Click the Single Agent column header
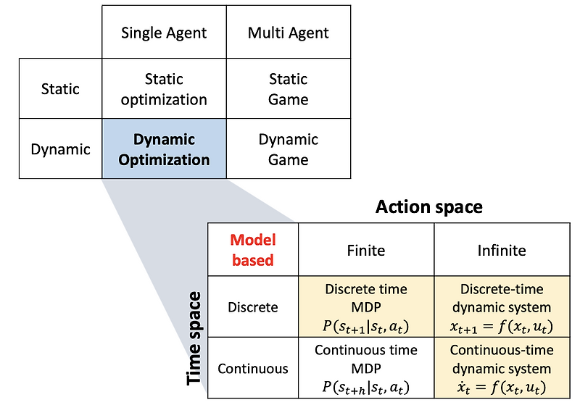(164, 33)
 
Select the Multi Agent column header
(289, 33)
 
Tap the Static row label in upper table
(60, 89)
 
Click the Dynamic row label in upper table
(60, 149)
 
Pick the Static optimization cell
(164, 89)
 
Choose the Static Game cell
(289, 89)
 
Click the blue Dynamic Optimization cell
(164, 149)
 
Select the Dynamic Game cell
(289, 149)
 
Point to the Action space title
(428, 207)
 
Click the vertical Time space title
(194, 338)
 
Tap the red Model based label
(252, 250)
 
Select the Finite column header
(365, 251)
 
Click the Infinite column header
(502, 251)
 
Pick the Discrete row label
(252, 306)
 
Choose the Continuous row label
(252, 368)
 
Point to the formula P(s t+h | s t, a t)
(365, 385)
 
